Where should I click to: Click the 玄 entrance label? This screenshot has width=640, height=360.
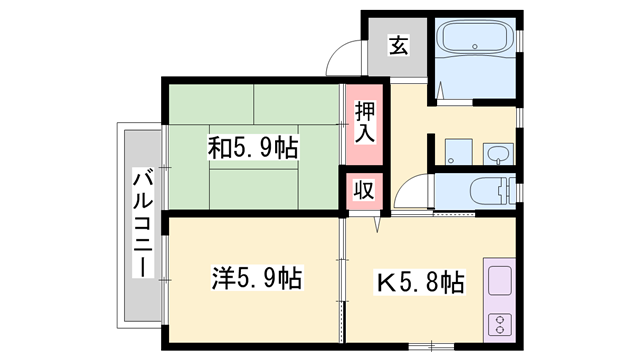(398, 46)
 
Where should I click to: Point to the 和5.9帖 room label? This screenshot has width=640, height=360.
(252, 148)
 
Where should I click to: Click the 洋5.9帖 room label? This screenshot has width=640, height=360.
(258, 277)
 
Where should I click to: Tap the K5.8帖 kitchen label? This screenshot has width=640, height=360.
(419, 281)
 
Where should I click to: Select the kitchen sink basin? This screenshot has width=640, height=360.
(499, 280)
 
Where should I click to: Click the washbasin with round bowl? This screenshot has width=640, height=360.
(497, 153)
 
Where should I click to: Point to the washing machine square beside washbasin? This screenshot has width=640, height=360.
(457, 152)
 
